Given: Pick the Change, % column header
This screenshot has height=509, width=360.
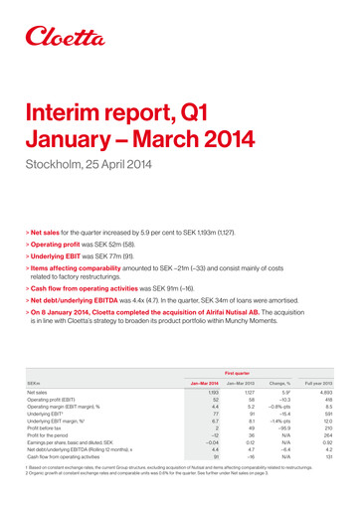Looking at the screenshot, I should pyautogui.click(x=282, y=408).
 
